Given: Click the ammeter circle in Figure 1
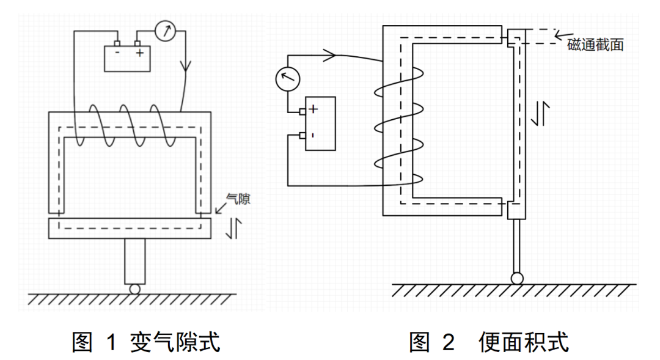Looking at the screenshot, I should [165, 31].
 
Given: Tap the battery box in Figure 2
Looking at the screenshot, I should [320, 123].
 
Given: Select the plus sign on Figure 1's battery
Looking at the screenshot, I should [140, 53].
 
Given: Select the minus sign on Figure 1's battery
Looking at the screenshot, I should [116, 53].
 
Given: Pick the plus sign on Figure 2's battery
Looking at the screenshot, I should [313, 110].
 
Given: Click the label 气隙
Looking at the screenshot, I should [238, 198].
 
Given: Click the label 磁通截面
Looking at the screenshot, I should [595, 45].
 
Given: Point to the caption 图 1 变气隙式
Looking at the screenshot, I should [145, 341].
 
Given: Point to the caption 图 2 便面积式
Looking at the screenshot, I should [489, 341].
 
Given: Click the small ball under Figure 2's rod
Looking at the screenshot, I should [517, 278].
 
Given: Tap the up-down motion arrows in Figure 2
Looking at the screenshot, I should [541, 114].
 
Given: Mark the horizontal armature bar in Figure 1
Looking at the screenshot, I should [129, 228].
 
